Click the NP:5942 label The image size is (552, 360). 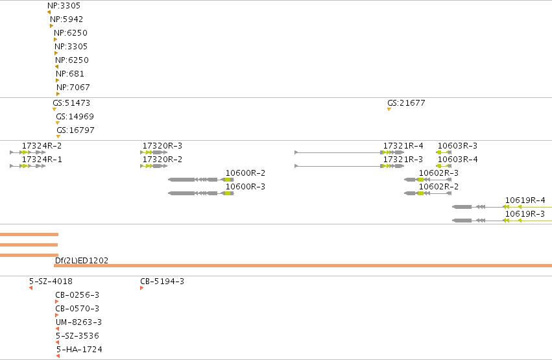click(67, 19)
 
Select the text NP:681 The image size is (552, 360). click(70, 74)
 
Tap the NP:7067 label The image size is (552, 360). click(73, 88)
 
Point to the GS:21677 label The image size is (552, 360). click(406, 103)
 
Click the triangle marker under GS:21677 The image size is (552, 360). click(389, 110)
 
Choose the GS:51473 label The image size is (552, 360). click(71, 103)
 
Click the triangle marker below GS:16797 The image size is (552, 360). click(58, 136)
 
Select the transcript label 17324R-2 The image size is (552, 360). click(42, 146)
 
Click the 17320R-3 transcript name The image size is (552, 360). click(162, 146)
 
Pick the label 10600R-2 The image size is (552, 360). click(245, 173)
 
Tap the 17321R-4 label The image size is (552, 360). click(403, 146)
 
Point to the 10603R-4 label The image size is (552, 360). click(458, 160)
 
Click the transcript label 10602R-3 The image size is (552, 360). click(438, 173)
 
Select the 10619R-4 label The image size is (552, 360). click(525, 200)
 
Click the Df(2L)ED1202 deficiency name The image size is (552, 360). click(82, 260)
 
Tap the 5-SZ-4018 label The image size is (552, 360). click(51, 282)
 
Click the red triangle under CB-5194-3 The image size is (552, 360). click(141, 288)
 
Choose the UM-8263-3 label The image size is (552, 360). click(79, 322)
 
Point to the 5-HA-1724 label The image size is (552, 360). click(79, 350)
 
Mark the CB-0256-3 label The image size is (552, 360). click(77, 295)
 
